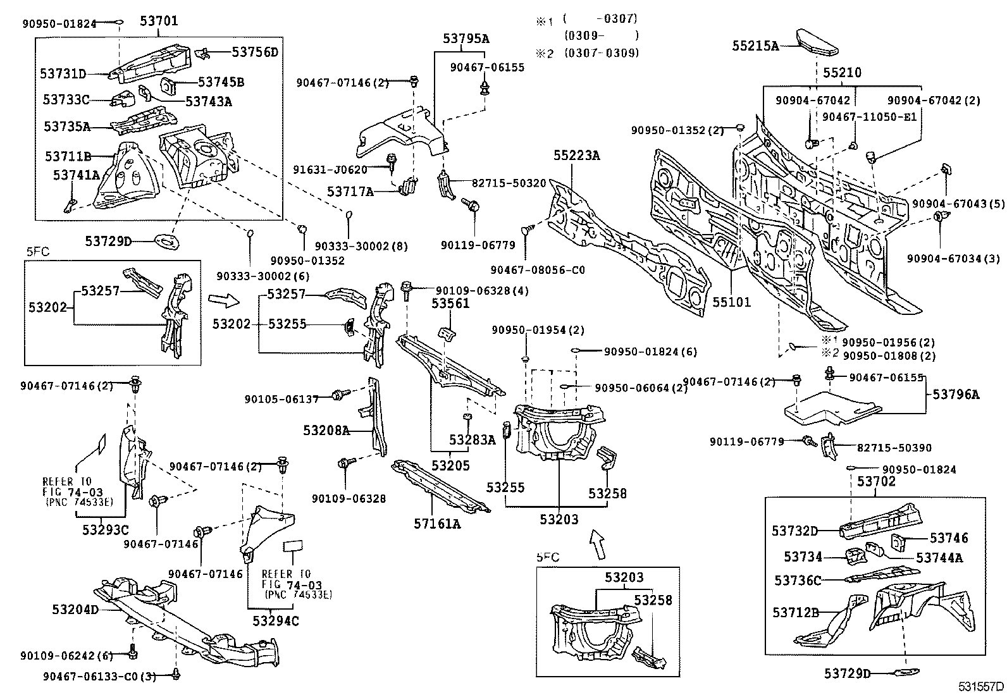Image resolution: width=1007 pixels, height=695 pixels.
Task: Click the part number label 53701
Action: click(159, 21)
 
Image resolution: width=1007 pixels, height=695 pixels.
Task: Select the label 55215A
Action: click(755, 46)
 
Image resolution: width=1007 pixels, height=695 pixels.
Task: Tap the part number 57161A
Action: click(437, 524)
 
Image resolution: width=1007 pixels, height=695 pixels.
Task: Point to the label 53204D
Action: click(75, 610)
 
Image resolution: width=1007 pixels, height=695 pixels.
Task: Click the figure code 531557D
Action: click(981, 686)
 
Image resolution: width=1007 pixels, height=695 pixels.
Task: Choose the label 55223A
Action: click(576, 156)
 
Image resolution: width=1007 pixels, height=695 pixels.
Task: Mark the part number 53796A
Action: click(955, 394)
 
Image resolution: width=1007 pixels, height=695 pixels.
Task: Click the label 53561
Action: click(450, 304)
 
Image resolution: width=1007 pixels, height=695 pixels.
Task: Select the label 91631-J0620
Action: click(330, 169)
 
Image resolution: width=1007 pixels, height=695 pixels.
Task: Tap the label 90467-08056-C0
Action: click(538, 270)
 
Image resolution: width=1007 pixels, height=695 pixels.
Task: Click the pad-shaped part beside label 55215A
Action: click(817, 43)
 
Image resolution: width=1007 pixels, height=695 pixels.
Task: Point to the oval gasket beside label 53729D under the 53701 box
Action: click(166, 242)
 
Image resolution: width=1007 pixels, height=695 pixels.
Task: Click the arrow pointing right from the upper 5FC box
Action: click(224, 300)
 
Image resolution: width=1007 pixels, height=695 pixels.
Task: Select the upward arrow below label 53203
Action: click(598, 543)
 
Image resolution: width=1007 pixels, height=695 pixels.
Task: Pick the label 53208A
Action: click(326, 431)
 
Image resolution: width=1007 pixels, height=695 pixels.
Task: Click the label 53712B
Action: click(796, 612)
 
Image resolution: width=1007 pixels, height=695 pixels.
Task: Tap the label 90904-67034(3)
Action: click(953, 259)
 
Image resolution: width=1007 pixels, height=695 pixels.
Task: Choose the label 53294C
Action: click(276, 621)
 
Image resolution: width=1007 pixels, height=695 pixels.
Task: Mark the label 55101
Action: click(731, 302)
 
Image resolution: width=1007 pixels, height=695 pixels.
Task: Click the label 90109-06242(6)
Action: click(66, 656)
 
